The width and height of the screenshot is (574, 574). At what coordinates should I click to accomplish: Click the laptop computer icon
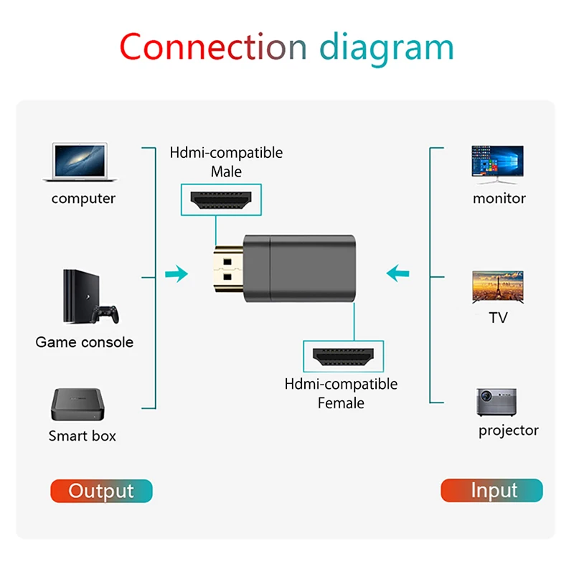coord(79,162)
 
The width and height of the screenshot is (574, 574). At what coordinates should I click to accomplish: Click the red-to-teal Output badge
coord(101,491)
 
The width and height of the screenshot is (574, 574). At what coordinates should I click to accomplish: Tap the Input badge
coord(492,491)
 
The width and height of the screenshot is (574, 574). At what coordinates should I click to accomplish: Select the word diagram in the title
coord(386,49)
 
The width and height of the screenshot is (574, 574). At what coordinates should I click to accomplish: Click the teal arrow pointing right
coord(175,273)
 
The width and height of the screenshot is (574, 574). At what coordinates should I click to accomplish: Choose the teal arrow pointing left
coord(397,273)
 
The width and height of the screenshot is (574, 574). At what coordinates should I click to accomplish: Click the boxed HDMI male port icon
coord(220,199)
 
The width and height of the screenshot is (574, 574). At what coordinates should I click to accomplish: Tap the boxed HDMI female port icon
coord(343,356)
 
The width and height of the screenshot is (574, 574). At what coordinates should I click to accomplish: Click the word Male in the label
coord(226,171)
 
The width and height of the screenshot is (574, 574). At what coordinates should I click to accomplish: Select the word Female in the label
coord(341,403)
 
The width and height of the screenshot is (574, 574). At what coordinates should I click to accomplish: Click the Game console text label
coord(85,342)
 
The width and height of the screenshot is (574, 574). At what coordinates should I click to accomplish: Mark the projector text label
coord(508,430)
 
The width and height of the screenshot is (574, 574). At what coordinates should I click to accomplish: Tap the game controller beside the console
coord(108,313)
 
